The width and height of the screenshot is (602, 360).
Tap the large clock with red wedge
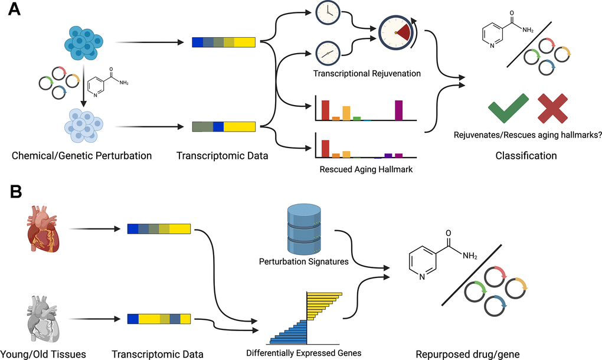point(395,34)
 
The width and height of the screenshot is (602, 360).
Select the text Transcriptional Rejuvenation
point(367,74)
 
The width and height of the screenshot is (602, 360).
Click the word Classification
point(526,156)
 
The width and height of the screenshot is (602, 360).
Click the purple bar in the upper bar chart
point(398,110)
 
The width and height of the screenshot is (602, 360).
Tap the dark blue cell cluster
point(83,41)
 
